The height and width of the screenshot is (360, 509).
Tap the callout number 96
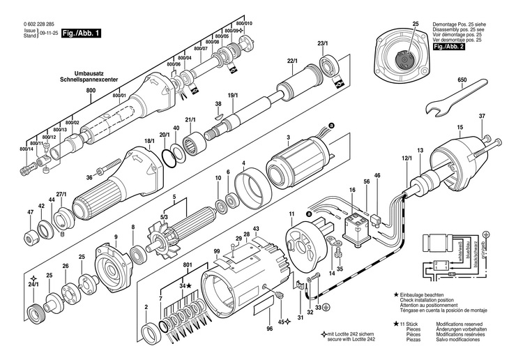pos(270,329)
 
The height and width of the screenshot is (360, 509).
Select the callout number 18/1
pos(149,142)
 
